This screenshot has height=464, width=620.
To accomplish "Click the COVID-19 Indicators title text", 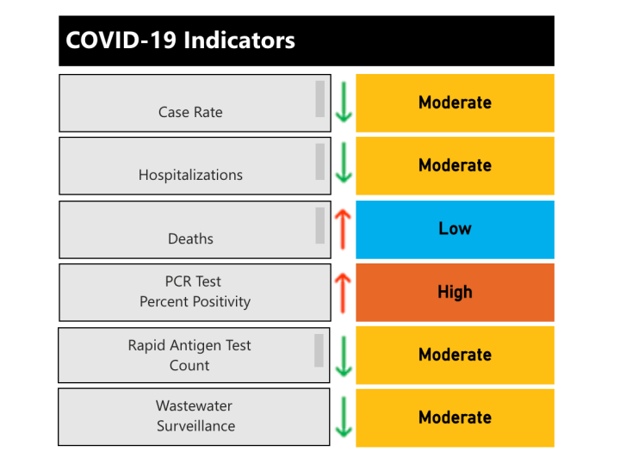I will [x=180, y=40].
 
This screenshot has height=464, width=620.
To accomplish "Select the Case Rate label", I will [x=190, y=112].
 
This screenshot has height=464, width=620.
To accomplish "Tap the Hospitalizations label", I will [x=190, y=175].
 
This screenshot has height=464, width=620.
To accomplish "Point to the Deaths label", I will [x=190, y=238].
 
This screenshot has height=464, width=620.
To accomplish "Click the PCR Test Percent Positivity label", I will [x=195, y=292].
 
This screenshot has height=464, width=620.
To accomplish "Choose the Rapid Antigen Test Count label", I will [x=189, y=355].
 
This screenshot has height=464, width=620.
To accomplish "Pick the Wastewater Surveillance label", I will [x=195, y=416].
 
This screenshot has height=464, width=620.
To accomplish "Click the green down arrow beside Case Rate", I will [x=344, y=102].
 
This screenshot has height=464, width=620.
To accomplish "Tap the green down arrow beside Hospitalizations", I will [x=344, y=164].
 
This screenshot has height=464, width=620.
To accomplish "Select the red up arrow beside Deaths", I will [x=344, y=228].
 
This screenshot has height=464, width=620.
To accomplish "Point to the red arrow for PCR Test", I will [x=344, y=292].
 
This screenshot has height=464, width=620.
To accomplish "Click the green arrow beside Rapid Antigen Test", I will [x=344, y=355].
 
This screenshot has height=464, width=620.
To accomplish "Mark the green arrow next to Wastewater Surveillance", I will [x=344, y=418].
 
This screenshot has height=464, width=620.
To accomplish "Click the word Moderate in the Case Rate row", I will [x=455, y=102].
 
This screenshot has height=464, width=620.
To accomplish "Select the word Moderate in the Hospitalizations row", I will [x=455, y=165].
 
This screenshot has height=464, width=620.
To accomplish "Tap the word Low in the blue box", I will [x=455, y=229].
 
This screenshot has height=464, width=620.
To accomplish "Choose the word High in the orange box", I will [x=455, y=292].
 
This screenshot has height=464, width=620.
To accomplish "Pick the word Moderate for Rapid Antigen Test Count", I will [x=455, y=355].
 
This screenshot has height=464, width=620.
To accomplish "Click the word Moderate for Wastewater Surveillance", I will [x=455, y=418].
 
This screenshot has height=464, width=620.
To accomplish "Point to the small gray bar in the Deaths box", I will [x=319, y=226].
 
